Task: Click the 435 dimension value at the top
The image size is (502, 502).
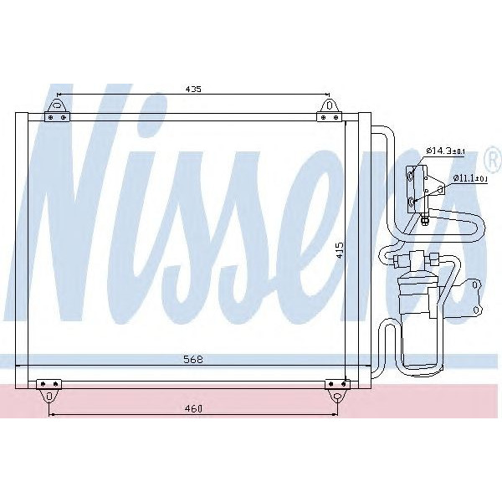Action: tap(192, 89)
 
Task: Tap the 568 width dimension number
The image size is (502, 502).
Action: tap(193, 360)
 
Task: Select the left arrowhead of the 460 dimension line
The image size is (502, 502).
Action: tap(53, 413)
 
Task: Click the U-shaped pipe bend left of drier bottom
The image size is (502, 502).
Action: tap(386, 343)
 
